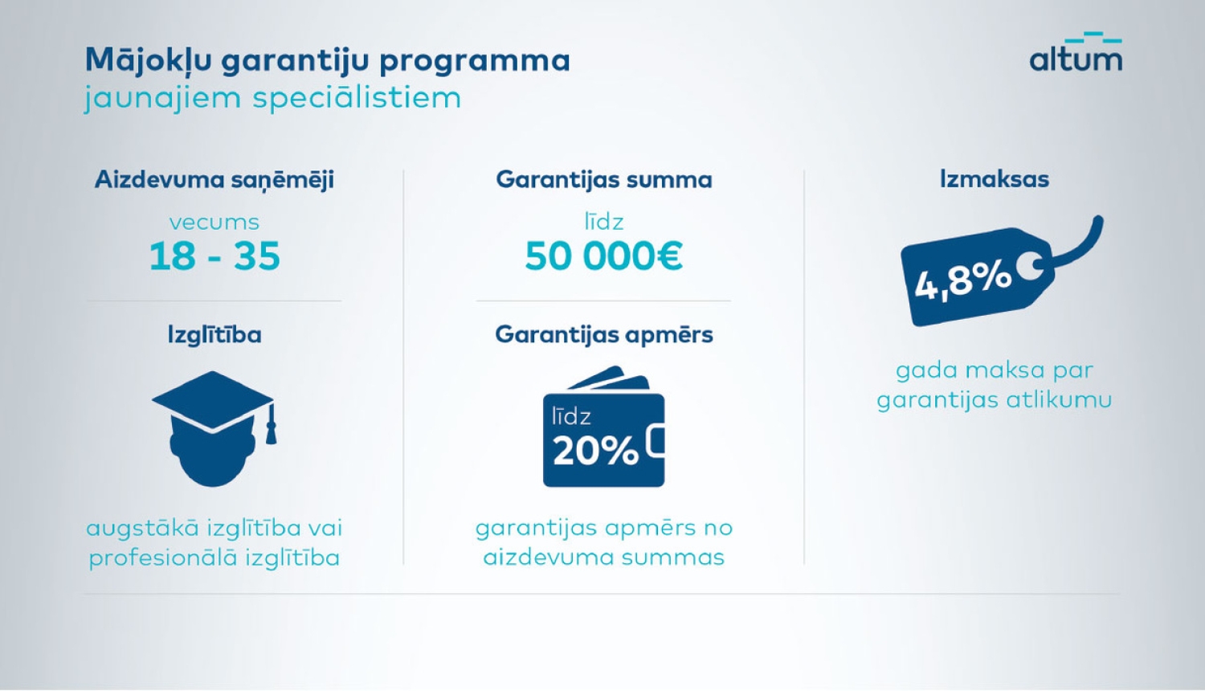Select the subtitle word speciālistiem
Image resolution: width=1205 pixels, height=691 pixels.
point(357,99)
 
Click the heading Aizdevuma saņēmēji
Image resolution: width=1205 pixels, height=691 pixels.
point(214,179)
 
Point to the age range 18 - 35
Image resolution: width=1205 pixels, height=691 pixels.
point(214,256)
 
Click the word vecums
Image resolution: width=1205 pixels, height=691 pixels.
point(214,222)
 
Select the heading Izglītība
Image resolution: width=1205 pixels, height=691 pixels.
point(214,334)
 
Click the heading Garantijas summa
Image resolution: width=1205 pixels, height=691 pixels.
point(604,179)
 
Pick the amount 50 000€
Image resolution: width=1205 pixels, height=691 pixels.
point(604,256)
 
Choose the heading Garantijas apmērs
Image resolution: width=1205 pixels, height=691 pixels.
point(604,334)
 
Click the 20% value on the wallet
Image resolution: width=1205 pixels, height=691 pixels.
point(595,451)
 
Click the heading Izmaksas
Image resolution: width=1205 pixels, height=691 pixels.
point(995,179)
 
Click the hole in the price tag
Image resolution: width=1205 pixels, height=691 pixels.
point(1027,266)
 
